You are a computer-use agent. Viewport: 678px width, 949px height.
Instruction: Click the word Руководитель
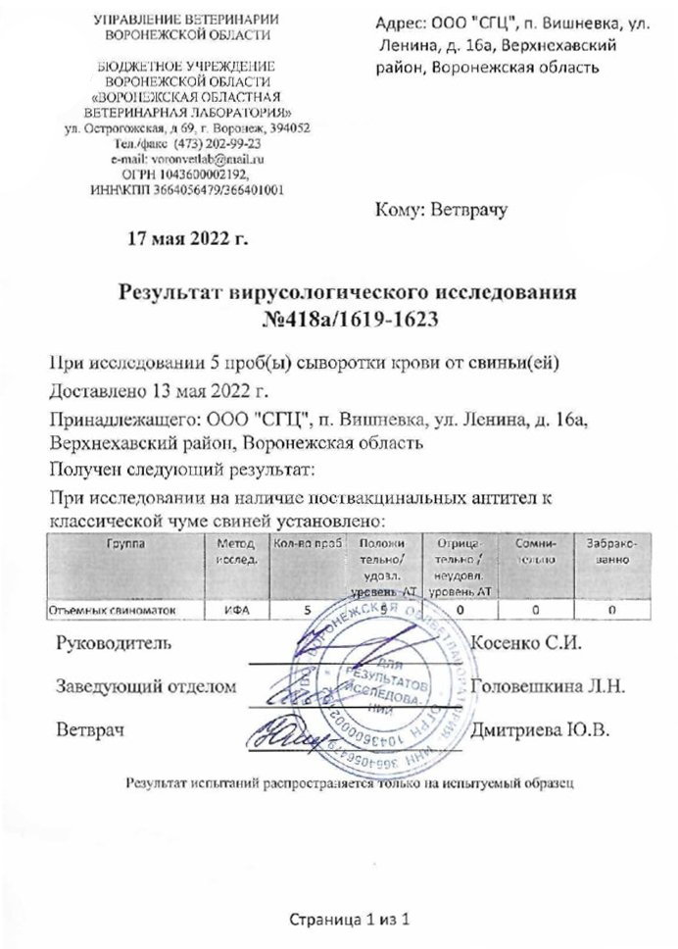coord(117,644)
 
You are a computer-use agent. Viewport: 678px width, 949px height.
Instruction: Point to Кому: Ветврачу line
coord(444,209)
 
